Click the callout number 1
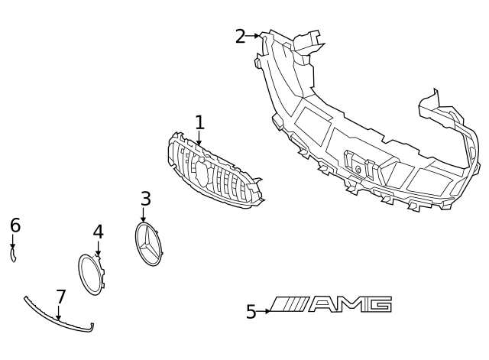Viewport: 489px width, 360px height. (199, 122)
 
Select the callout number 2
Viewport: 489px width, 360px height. (240, 36)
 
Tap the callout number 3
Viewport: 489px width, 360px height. (146, 199)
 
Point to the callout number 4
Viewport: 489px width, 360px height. (98, 232)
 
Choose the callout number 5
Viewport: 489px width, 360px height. (251, 312)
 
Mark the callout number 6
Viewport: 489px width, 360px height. (15, 225)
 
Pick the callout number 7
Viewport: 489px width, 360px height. (61, 297)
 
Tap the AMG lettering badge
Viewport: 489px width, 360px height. (332, 305)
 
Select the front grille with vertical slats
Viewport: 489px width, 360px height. (214, 172)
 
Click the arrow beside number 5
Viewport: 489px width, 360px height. (265, 311)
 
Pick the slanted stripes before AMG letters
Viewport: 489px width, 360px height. (292, 305)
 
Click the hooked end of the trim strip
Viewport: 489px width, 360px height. (92, 329)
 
